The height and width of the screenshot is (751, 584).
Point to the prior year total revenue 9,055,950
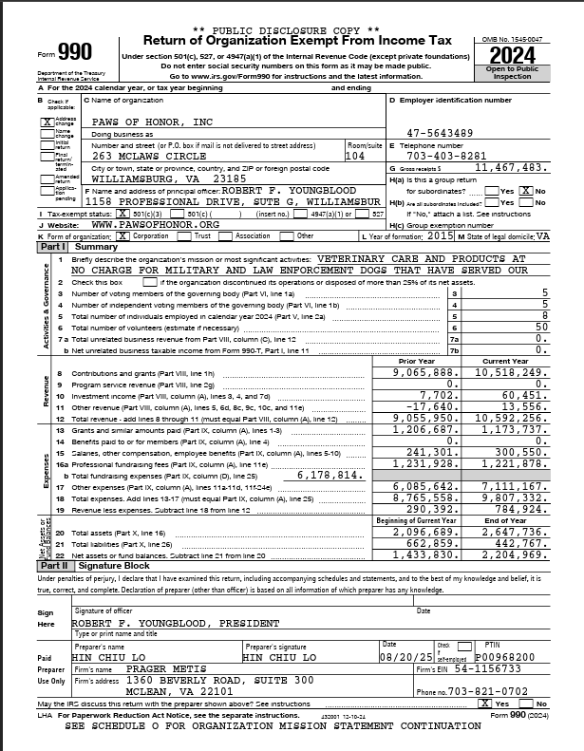click(427, 418)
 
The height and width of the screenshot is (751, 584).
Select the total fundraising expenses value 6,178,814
click(327, 474)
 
